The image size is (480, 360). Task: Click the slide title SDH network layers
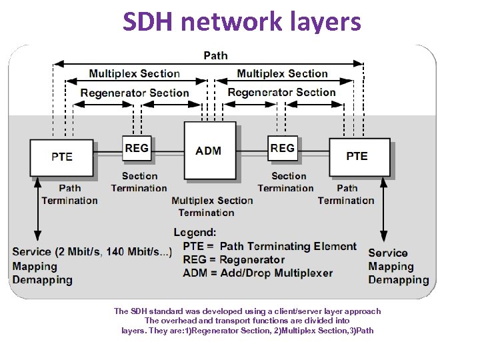click(x=241, y=22)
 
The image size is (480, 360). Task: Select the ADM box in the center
click(x=209, y=151)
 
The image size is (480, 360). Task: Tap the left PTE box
click(x=61, y=157)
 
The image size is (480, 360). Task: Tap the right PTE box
click(x=357, y=156)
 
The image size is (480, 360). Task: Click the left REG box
click(x=137, y=148)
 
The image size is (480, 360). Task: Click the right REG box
click(x=283, y=148)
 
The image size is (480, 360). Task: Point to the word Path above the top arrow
click(x=215, y=55)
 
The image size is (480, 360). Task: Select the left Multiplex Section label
click(x=135, y=74)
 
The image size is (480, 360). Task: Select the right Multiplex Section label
click(x=283, y=74)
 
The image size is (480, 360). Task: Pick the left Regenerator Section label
click(x=135, y=93)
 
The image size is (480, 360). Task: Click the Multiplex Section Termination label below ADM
click(x=211, y=207)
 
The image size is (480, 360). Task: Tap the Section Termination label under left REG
click(x=139, y=182)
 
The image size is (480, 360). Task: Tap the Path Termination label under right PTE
click(x=346, y=195)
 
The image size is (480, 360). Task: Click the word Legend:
click(x=195, y=233)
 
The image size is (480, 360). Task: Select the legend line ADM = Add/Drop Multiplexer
click(x=257, y=273)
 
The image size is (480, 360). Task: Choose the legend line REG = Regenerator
click(x=233, y=260)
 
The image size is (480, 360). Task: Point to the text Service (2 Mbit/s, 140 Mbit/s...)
click(x=92, y=252)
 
